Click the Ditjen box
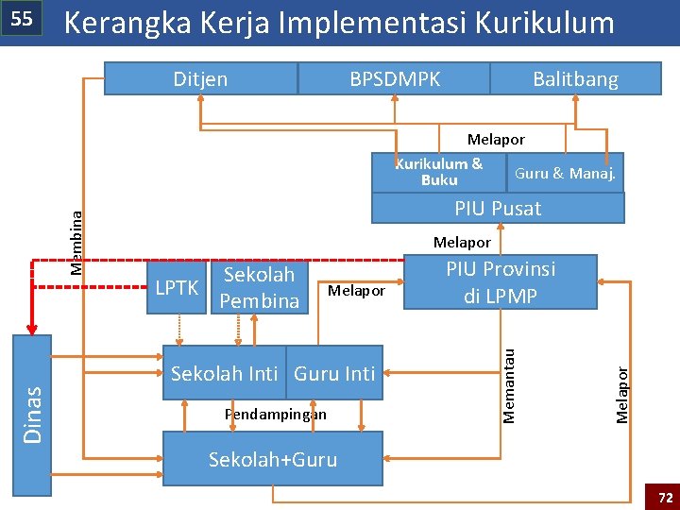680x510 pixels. point(200,79)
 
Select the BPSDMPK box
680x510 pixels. point(394,79)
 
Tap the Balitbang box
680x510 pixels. point(575,79)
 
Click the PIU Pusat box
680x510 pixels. point(498,208)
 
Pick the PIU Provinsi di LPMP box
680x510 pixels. point(501,282)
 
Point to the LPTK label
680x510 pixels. point(178,287)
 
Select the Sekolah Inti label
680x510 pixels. point(225,373)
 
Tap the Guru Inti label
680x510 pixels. point(334,373)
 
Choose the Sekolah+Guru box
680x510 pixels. point(273,459)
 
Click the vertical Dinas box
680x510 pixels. point(32,415)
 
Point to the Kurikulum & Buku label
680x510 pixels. point(439,171)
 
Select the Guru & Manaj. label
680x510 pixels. point(565,173)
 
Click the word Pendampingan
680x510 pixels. point(275,414)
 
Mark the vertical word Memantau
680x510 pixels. point(510,384)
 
